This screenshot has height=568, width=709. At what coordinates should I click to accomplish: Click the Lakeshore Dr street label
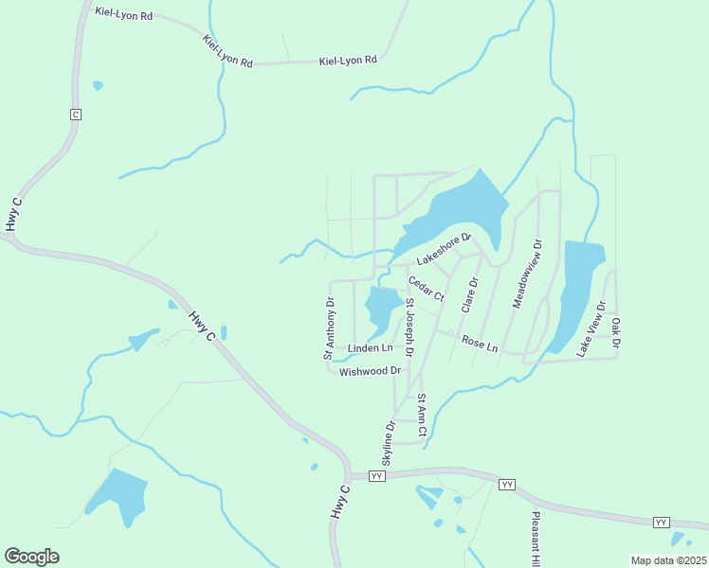point(444,248)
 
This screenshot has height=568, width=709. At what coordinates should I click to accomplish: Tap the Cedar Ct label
point(426,289)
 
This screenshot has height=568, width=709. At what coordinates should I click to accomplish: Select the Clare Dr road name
point(469,294)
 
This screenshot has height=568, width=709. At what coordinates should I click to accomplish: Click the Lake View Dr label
point(591,328)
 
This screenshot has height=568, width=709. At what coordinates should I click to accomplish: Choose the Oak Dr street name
point(615,332)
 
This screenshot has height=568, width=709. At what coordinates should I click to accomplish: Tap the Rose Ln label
point(480,343)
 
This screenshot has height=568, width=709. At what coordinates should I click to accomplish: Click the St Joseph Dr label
point(410,327)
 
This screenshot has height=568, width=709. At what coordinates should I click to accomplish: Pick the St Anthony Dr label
point(330,329)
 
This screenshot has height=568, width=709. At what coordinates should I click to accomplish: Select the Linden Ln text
point(371,348)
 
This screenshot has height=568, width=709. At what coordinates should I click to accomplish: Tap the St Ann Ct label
point(422,417)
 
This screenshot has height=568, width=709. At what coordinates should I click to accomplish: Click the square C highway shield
point(76,114)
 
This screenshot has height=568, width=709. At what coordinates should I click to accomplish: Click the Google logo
point(31,557)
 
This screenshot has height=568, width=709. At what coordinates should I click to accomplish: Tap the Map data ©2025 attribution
point(668,560)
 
